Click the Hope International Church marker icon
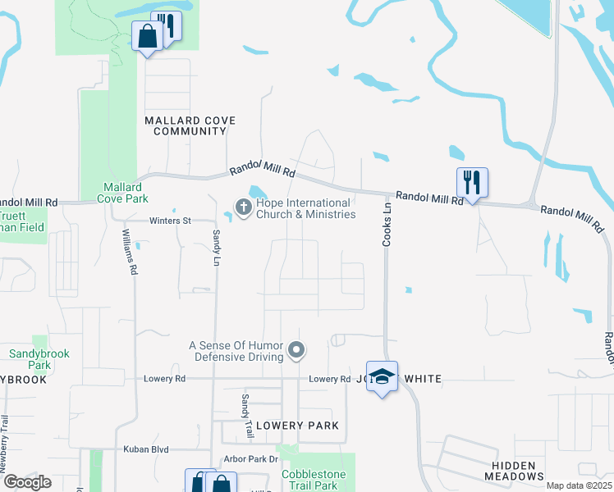[243, 208]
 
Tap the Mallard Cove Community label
[190, 125]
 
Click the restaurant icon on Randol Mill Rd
[472, 182]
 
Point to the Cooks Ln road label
[387, 225]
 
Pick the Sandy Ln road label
[217, 247]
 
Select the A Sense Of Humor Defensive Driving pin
[297, 352]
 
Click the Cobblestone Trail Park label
[315, 480]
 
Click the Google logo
[26, 482]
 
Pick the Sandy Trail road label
[245, 414]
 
